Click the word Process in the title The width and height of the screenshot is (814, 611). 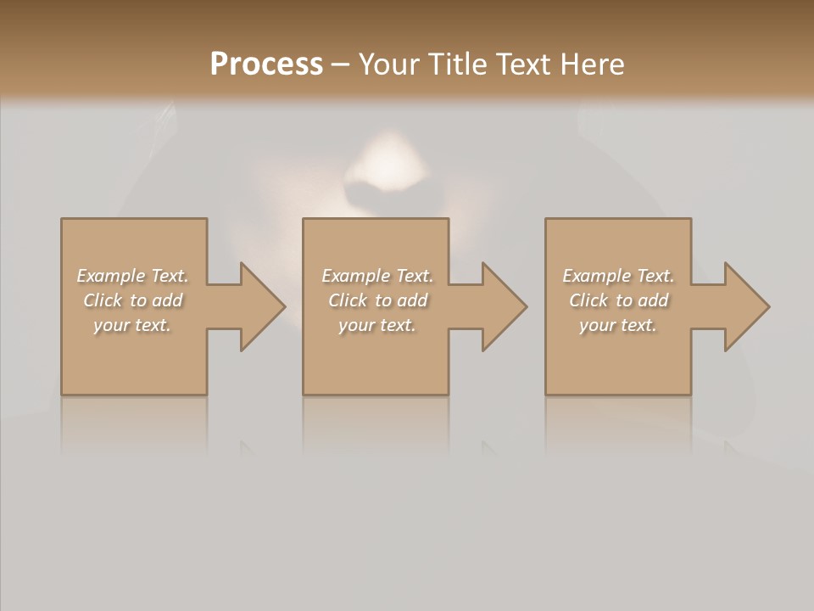266,64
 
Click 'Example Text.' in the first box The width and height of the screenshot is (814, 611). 132,276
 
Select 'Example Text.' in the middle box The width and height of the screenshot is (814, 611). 376,276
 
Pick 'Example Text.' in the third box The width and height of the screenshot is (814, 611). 618,276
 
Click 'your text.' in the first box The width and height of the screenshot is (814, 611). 132,325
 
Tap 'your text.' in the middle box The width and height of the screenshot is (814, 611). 376,325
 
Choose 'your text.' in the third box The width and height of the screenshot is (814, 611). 618,325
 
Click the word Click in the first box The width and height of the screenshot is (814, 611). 102,300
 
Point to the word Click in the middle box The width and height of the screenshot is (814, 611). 347,300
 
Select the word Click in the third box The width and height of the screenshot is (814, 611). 588,300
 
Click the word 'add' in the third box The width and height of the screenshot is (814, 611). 653,300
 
